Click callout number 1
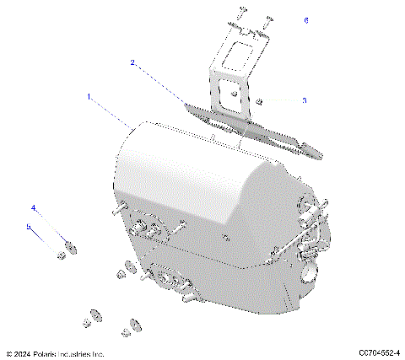(89, 97)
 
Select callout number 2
(132, 62)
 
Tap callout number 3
(305, 100)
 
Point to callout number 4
(34, 207)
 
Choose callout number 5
(28, 226)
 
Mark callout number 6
(306, 19)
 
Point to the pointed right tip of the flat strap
(319, 153)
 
